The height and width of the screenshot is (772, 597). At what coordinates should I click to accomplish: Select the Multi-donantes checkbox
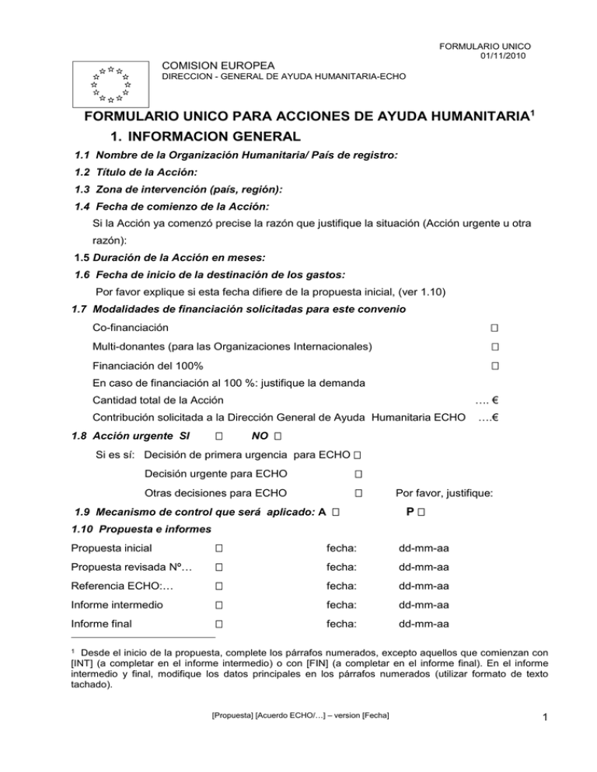[x=494, y=346]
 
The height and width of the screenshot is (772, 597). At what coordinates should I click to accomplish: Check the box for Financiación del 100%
[x=494, y=366]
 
